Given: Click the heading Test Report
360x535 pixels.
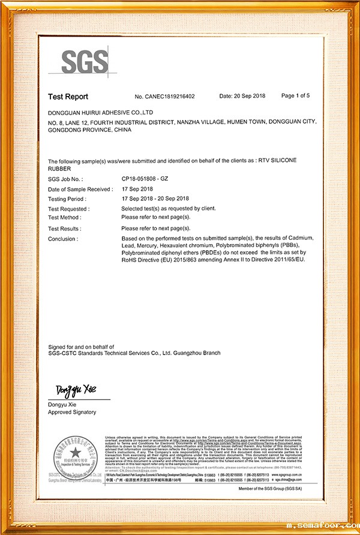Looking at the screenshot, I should click(x=68, y=97).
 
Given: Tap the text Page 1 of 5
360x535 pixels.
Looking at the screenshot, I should click(x=295, y=96).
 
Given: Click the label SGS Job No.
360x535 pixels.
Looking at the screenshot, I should click(x=65, y=179).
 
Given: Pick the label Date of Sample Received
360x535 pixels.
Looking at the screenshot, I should click(x=80, y=189).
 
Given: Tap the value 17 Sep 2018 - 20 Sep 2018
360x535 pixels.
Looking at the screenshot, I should click(x=155, y=199).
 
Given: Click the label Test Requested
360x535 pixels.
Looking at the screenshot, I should click(x=68, y=209).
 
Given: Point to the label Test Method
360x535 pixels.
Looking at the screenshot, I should click(x=64, y=217).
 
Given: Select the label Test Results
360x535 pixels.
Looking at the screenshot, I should click(x=65, y=229).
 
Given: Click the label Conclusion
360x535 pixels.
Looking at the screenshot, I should click(x=62, y=239).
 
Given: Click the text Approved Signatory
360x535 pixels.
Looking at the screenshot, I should click(x=72, y=412).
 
